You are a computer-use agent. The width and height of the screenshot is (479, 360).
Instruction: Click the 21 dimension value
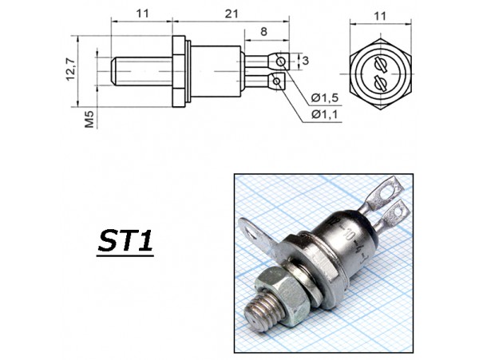tap(232, 14)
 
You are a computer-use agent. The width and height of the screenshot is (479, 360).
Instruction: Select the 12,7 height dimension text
tap(71, 69)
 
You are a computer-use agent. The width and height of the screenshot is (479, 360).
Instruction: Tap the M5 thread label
tap(89, 119)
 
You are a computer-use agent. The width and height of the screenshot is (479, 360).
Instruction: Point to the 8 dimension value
tap(263, 31)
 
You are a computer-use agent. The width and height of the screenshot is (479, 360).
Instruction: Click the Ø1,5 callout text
tap(325, 97)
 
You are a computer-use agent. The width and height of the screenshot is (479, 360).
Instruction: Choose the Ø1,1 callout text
tap(325, 114)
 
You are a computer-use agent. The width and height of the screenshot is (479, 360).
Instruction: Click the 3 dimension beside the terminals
tap(306, 61)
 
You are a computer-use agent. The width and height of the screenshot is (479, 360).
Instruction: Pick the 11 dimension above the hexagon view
tap(380, 16)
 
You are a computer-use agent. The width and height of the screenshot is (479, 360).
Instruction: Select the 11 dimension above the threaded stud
tap(142, 14)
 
